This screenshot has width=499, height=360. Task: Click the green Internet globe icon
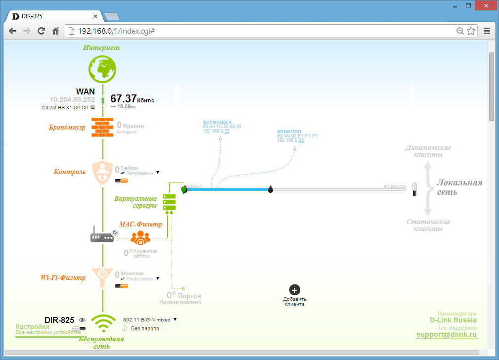coord(102,69)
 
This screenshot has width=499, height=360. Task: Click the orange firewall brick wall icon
coord(102,127)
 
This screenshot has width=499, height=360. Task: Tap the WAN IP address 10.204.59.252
coord(72,99)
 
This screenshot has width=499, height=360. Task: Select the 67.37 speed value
coord(123,99)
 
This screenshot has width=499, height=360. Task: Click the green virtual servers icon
coord(169,202)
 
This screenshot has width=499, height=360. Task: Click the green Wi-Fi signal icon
coord(103,323)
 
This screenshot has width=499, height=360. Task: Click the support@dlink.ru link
coord(446,335)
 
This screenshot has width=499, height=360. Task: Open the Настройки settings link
coord(32,327)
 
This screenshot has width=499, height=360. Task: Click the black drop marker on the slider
coord(271,189)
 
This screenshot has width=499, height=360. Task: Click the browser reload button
coord(42,31)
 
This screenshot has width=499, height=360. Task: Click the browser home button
coord(56,31)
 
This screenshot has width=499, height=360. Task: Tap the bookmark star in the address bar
coord(471,31)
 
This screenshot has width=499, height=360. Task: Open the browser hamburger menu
coord(487,31)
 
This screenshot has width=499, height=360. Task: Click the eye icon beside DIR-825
coord(82,320)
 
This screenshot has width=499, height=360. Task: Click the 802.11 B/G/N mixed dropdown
coord(150,319)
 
